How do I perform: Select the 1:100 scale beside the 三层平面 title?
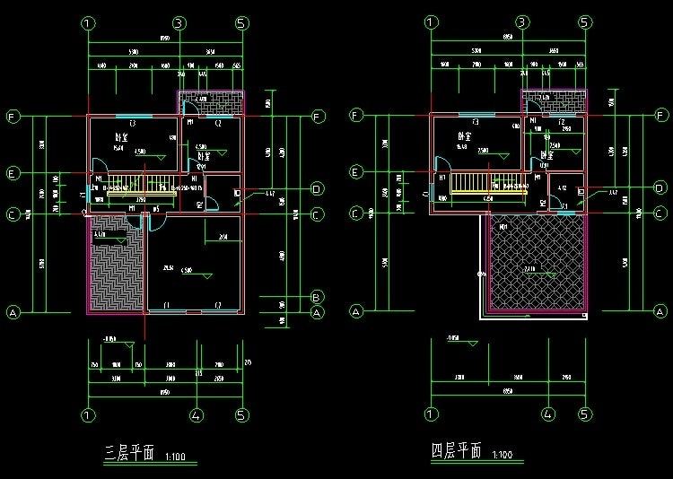coord(176,457)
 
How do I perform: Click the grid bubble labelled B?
coord(317,297)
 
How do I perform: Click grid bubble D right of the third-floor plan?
coord(317,189)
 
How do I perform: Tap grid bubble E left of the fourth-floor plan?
coord(355,172)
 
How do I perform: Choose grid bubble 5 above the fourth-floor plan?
coord(584,23)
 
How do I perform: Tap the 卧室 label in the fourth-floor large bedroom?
coord(463,136)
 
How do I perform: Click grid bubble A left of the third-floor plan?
coord(13,312)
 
